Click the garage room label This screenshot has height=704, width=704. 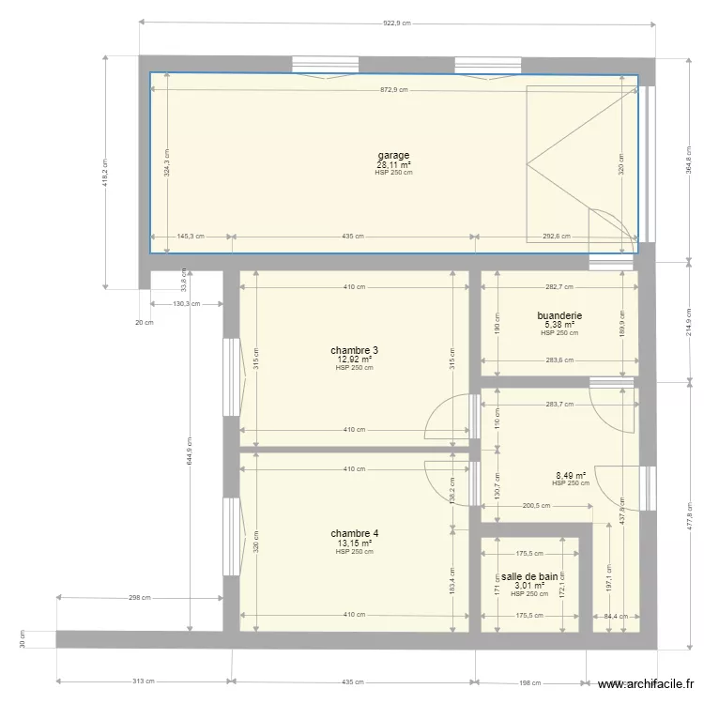coord(393,155)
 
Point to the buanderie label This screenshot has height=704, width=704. coord(559,316)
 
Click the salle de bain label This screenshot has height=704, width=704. coord(529,576)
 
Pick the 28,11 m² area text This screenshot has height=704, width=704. coord(393,164)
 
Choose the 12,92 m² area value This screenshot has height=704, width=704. coord(354,360)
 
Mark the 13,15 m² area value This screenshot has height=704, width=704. coord(354,543)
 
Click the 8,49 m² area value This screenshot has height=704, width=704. coord(571,475)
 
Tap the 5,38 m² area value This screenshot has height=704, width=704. coord(559,325)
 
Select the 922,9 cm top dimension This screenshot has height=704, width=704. coord(396,23)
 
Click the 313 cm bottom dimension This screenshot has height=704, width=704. coord(144,681)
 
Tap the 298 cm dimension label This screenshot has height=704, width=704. coord(140,597)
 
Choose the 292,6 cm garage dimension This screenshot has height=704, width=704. coord(557,237)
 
